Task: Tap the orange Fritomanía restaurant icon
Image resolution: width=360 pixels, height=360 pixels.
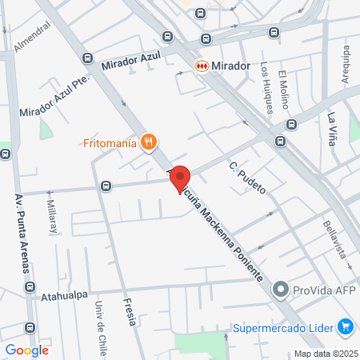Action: (147, 143)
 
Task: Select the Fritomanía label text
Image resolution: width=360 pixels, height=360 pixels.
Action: (109, 144)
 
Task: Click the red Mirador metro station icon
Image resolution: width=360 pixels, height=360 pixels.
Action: (202, 66)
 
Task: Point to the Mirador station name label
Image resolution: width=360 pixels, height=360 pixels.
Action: (233, 66)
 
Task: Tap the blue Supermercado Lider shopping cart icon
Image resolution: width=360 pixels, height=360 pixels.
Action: (346, 326)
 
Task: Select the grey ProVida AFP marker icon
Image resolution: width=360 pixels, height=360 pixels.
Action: (281, 290)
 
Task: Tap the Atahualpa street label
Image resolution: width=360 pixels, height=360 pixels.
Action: (64, 295)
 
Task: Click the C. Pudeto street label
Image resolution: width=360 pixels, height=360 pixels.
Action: (246, 178)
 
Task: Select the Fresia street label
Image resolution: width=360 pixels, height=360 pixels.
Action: (130, 311)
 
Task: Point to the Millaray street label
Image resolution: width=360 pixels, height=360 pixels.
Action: (53, 215)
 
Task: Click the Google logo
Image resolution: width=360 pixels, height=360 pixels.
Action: (27, 350)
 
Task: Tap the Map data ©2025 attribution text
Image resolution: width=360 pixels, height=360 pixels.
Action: (325, 354)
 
